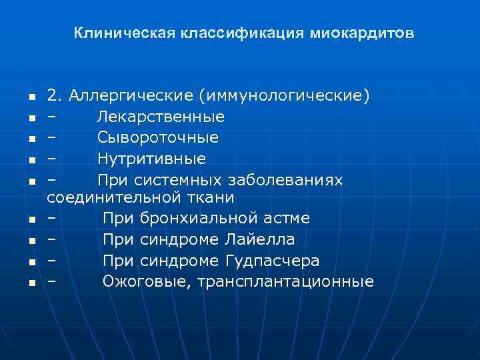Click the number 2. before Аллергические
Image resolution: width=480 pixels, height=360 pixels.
click(x=55, y=96)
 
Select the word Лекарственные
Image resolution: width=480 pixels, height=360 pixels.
click(x=161, y=117)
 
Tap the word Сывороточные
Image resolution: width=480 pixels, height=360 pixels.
click(x=157, y=138)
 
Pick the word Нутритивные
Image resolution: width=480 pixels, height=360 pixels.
click(x=151, y=159)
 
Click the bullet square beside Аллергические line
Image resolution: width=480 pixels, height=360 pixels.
click(x=31, y=97)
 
